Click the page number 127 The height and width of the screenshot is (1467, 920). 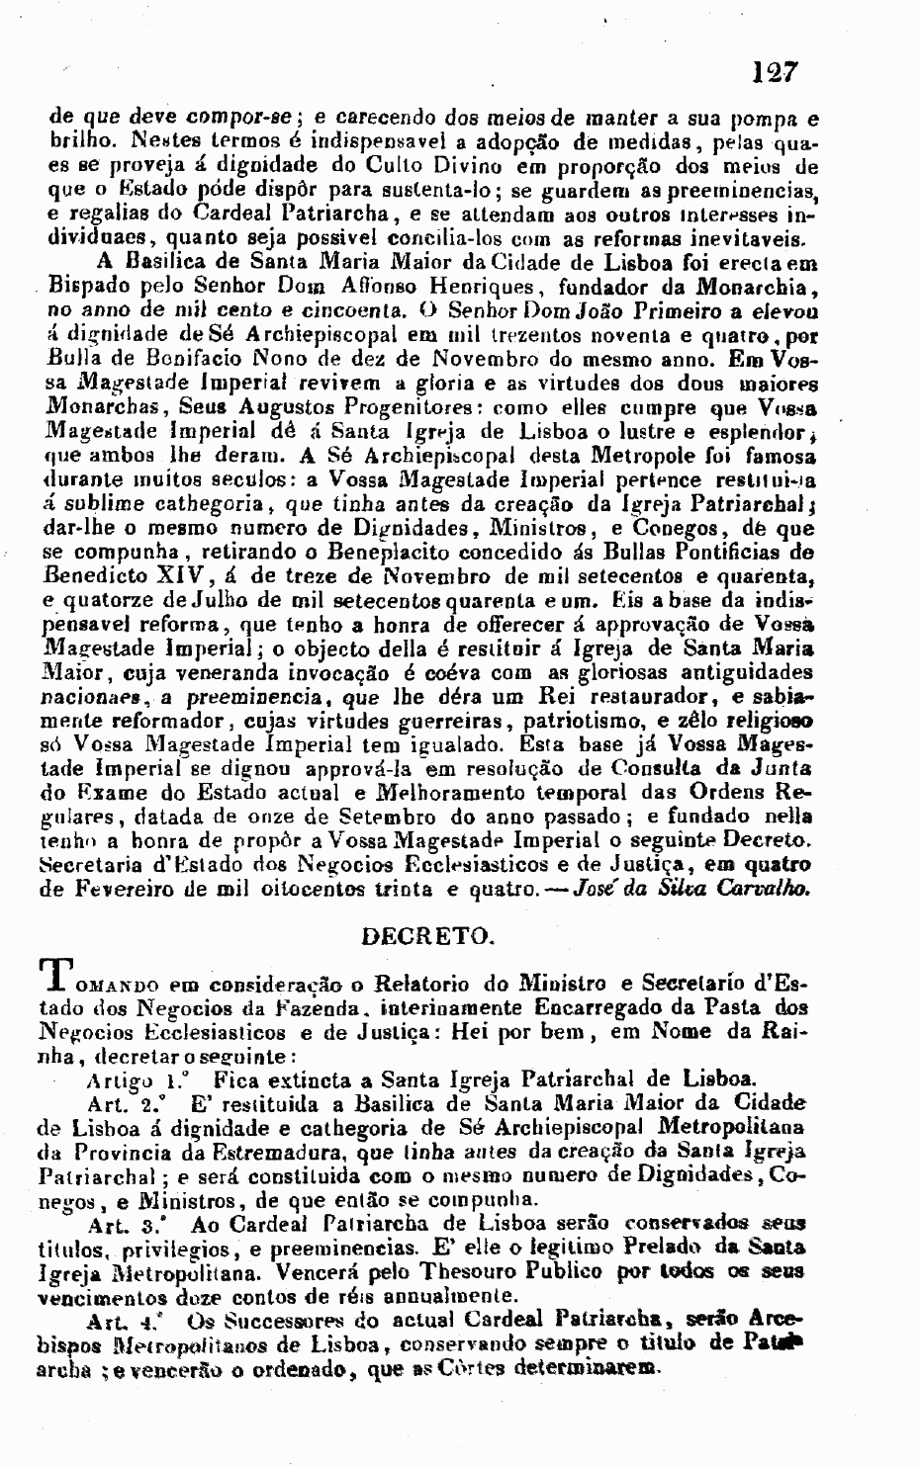(774, 72)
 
